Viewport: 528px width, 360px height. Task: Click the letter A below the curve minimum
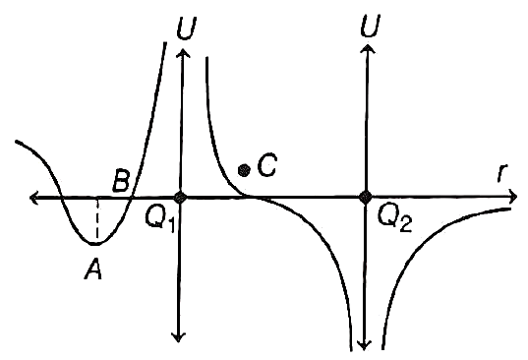point(93,270)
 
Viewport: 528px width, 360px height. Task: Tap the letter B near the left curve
point(121,181)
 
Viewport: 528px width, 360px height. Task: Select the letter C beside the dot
point(266,165)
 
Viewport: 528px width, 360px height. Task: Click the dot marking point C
point(244,171)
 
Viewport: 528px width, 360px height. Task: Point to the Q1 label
point(160,218)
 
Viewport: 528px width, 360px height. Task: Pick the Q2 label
point(394,218)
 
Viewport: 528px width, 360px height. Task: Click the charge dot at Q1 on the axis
point(180,197)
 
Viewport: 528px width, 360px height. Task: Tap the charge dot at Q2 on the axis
point(365,197)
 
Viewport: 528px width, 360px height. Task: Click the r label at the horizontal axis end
point(502,173)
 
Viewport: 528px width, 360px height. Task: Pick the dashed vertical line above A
point(97,219)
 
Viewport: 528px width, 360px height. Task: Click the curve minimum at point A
point(95,244)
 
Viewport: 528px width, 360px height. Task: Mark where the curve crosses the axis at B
point(131,198)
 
